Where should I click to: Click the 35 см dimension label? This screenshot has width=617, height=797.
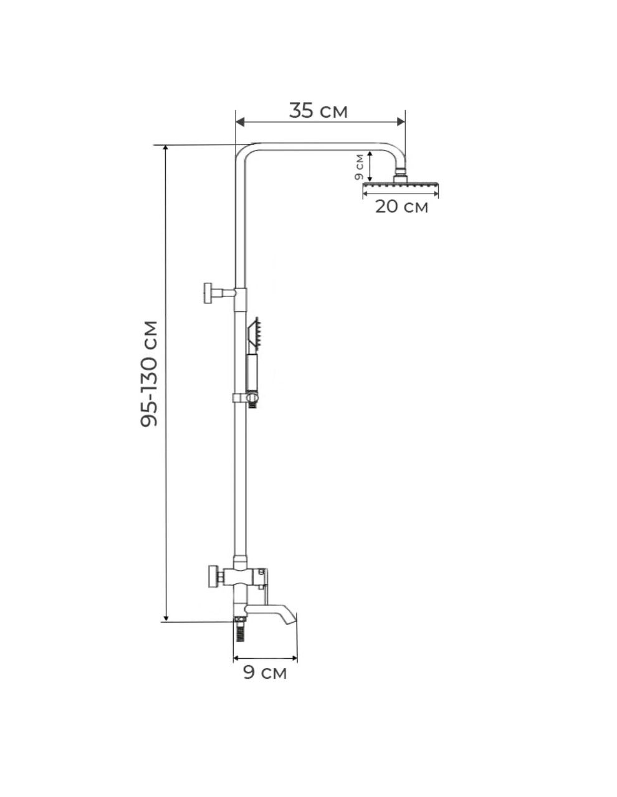(318, 110)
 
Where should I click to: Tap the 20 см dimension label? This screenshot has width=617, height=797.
(401, 207)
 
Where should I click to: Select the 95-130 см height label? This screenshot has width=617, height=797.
(149, 374)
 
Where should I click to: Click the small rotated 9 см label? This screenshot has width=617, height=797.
(359, 167)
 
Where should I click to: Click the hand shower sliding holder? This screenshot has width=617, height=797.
(247, 398)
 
